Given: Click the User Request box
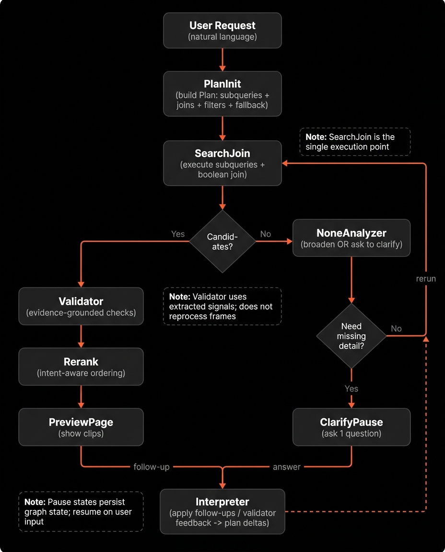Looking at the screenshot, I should pyautogui.click(x=222, y=31).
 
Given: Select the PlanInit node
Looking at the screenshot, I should pyautogui.click(x=222, y=94).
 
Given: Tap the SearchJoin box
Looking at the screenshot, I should pyautogui.click(x=222, y=163).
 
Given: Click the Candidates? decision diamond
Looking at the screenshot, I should pyautogui.click(x=222, y=241).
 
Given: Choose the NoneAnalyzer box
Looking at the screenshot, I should pyautogui.click(x=351, y=238).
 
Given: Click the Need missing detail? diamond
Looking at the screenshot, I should pyautogui.click(x=351, y=335).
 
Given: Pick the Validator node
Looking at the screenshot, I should pyautogui.click(x=81, y=306).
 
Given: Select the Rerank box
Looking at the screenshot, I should pyautogui.click(x=81, y=367).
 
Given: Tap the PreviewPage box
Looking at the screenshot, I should pyautogui.click(x=81, y=427).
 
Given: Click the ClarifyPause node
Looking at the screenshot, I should pyautogui.click(x=351, y=427).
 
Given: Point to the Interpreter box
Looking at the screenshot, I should pyautogui.click(x=222, y=511).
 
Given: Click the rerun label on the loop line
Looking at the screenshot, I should pyautogui.click(x=426, y=278).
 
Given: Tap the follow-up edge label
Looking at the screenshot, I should pyautogui.click(x=152, y=467).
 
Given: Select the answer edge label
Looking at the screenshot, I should pyautogui.click(x=287, y=467).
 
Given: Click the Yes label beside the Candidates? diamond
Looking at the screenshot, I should pyautogui.click(x=178, y=234).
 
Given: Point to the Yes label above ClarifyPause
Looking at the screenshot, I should pyautogui.click(x=351, y=389).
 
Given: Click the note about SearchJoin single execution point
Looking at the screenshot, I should pyautogui.click(x=355, y=142).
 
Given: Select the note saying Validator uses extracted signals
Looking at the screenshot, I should pyautogui.click(x=222, y=307).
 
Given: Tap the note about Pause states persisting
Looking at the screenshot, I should pyautogui.click(x=81, y=511).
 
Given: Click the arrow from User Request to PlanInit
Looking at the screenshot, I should pyautogui.click(x=222, y=59).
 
